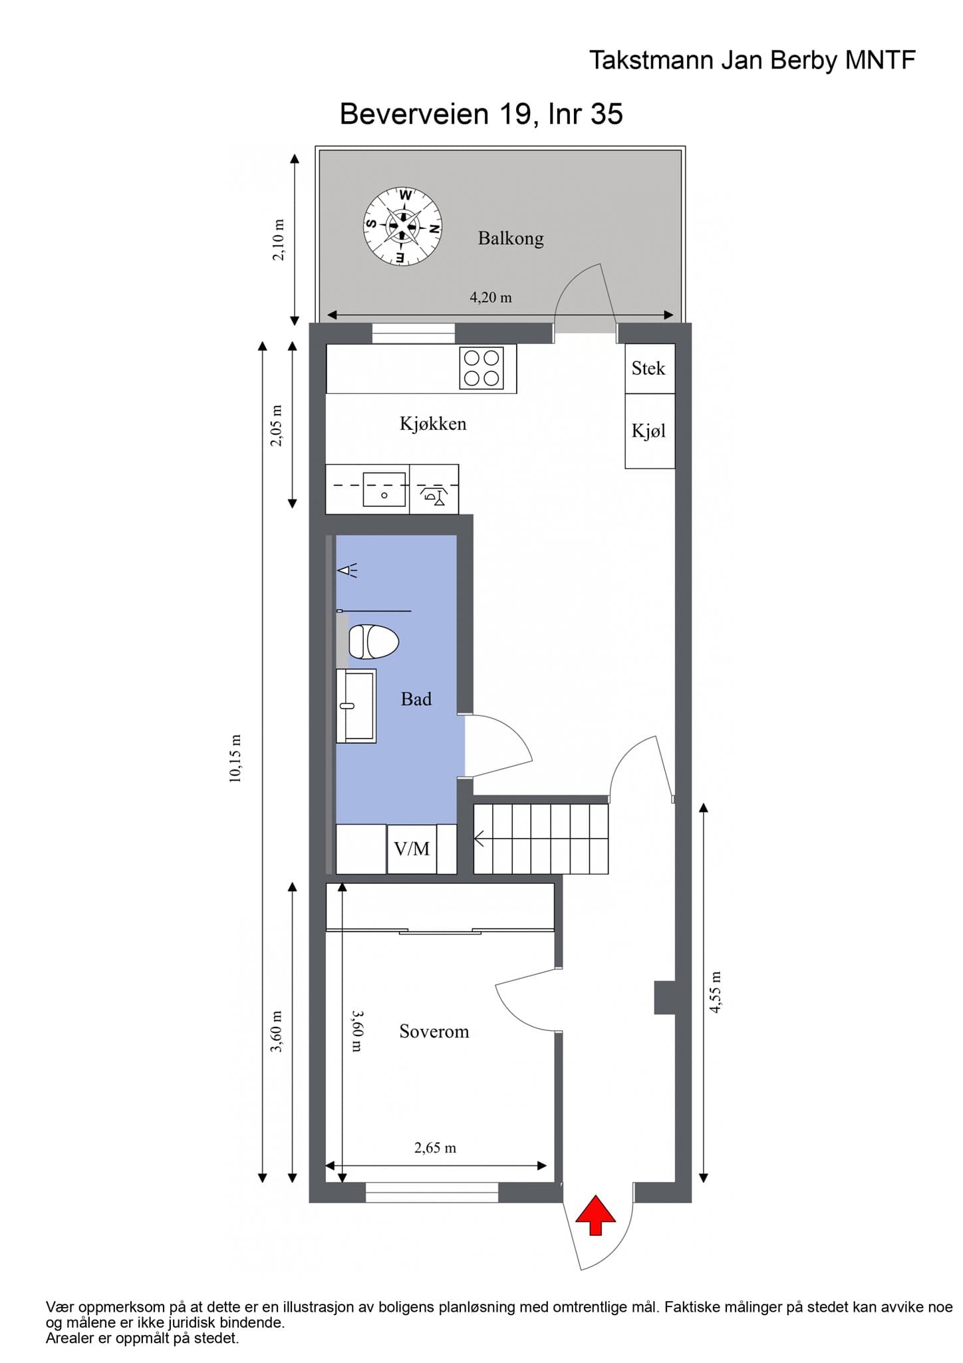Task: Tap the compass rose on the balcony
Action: (402, 226)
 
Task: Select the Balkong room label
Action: (511, 238)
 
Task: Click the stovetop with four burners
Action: (481, 367)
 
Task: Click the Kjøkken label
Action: (433, 424)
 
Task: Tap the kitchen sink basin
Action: (384, 489)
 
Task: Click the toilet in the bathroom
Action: (372, 642)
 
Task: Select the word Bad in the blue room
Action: (416, 699)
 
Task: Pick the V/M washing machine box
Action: (412, 849)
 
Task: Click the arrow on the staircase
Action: (479, 840)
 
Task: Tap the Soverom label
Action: (434, 1032)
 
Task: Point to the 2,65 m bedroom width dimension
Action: (436, 1147)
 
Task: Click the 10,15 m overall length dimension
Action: (235, 759)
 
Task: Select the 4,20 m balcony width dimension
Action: (491, 297)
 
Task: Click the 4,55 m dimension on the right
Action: (716, 992)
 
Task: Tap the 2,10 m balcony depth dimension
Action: (279, 240)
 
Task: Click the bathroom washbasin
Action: (356, 705)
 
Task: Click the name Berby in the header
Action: (805, 61)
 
